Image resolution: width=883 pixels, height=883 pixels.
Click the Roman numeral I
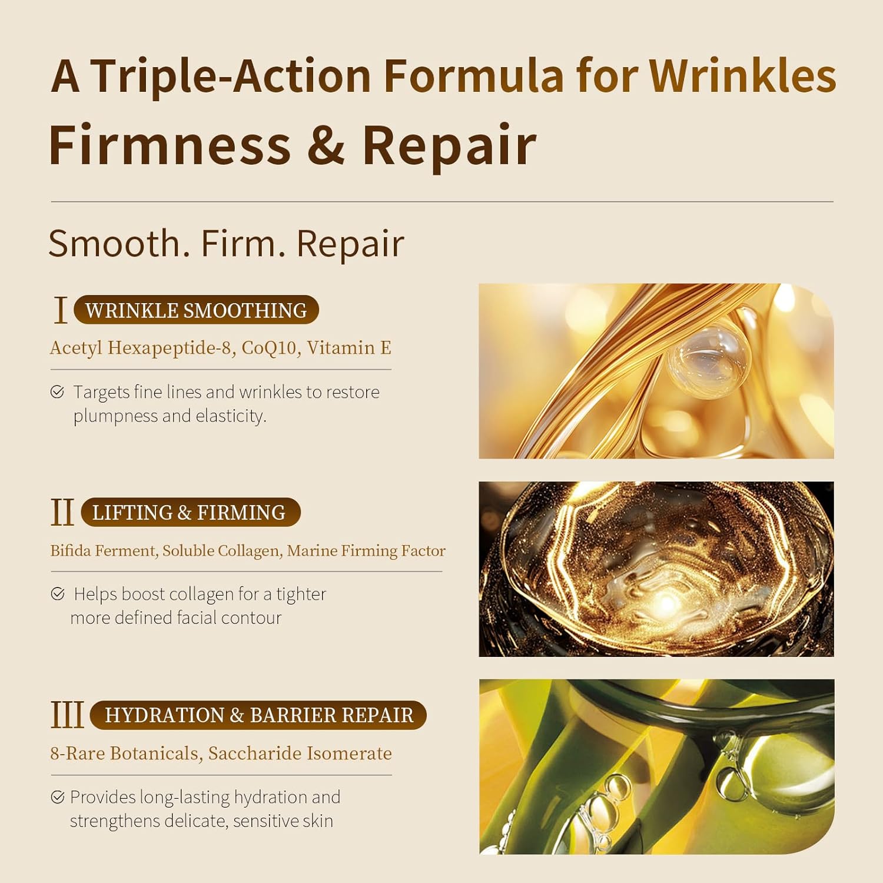[60, 310]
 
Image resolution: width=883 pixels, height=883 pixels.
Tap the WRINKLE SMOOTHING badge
[196, 310]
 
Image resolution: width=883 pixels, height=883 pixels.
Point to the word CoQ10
[268, 348]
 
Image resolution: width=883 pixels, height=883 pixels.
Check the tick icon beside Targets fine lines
[57, 392]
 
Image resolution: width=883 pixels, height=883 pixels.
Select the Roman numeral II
[62, 512]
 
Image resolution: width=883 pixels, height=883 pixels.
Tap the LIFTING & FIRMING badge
[190, 513]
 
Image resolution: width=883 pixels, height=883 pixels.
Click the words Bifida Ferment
[103, 551]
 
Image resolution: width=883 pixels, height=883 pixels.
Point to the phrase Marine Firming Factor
[366, 551]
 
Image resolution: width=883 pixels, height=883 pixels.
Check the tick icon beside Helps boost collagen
[58, 594]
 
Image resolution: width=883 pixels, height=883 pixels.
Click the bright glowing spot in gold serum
[667, 603]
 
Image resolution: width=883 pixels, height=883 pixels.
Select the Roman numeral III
[67, 715]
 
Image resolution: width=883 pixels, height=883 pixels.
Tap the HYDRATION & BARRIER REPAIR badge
[258, 715]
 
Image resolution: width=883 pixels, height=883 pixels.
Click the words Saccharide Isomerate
[300, 753]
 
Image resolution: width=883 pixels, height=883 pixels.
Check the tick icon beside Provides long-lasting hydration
[58, 798]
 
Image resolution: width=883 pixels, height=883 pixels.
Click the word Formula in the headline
[473, 77]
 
